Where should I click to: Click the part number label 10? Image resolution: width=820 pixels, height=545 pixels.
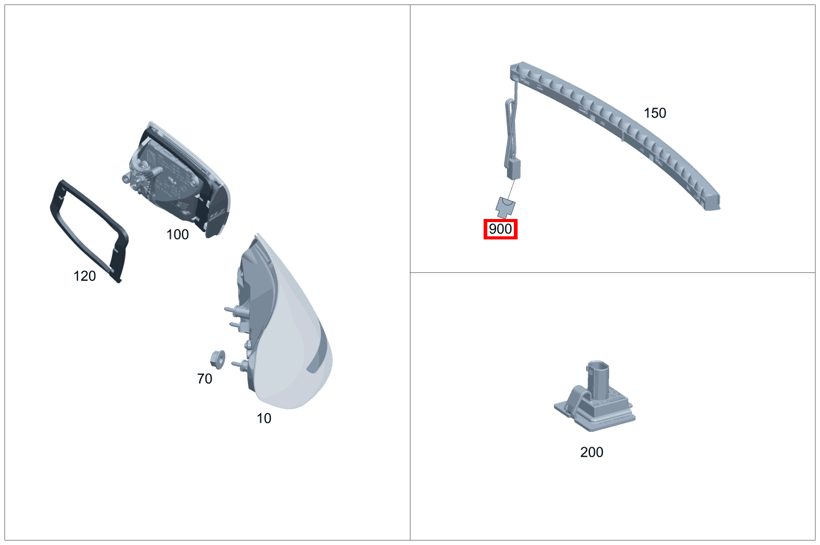point(264,419)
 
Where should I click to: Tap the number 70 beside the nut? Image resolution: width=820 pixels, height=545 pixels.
point(205,379)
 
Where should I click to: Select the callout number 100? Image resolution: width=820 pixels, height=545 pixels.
point(177,235)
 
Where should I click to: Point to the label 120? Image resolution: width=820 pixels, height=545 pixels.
point(85,277)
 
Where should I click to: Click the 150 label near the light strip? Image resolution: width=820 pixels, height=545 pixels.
point(655,113)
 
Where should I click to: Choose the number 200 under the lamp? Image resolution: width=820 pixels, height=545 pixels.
point(592,453)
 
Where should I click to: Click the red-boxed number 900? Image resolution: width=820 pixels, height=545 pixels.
point(500,230)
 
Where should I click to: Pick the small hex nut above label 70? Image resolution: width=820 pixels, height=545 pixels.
point(218,358)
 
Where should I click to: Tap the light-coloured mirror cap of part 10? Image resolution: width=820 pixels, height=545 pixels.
point(297,346)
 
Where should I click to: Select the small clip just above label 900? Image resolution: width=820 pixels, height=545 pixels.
point(506,206)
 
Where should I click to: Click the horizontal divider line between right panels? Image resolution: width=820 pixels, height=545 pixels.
point(612,272)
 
